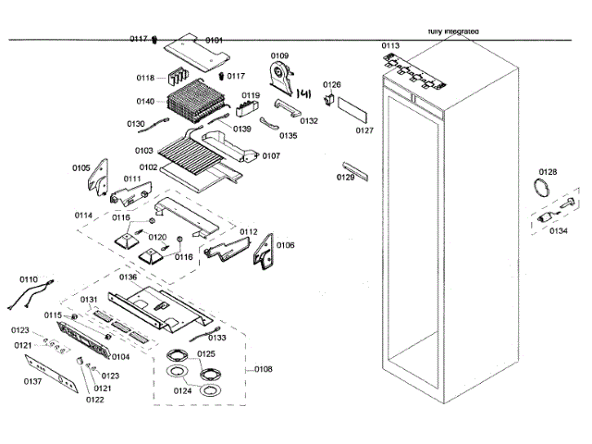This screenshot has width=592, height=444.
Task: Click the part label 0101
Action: (x=214, y=40)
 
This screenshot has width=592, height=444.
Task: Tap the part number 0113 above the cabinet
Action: (x=390, y=45)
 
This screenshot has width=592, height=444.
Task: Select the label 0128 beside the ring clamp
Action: (x=549, y=172)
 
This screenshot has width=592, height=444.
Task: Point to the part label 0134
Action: (x=558, y=231)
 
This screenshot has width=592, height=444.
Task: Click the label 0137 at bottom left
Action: (x=33, y=381)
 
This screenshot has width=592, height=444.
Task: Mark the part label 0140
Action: (x=145, y=101)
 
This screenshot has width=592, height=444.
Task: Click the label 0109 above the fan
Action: (x=279, y=56)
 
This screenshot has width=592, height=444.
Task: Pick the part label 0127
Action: (x=364, y=130)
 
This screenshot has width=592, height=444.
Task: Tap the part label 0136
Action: (x=128, y=277)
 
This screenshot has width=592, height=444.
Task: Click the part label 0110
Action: (x=29, y=278)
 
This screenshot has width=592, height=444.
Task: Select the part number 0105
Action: (x=81, y=167)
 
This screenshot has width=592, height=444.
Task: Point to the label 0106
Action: (x=286, y=245)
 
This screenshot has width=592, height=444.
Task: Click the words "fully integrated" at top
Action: (x=453, y=31)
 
